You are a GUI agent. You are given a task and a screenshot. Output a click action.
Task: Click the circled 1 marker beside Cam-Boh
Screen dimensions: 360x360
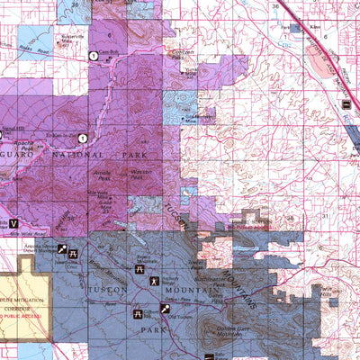click(x=93, y=57)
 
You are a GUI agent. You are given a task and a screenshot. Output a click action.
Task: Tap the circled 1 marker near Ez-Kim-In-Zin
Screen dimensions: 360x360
click(x=82, y=138)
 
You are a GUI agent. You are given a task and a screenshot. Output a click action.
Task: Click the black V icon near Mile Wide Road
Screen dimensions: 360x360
click(x=13, y=222)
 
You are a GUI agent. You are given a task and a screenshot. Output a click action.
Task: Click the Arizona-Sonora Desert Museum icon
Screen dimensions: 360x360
click(x=62, y=247)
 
